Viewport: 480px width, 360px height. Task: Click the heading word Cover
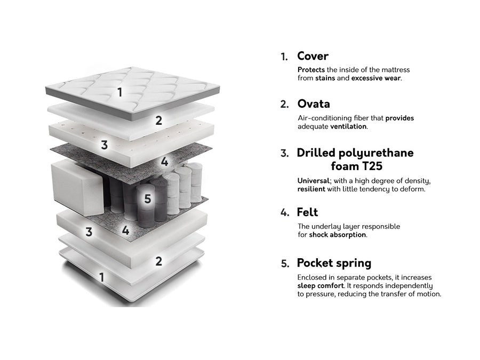pos(313,56)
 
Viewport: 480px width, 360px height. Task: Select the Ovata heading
pos(314,104)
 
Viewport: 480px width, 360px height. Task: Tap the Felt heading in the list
pos(307,212)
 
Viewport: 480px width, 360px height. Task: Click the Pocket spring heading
pos(334,263)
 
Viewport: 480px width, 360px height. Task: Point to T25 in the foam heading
pos(372,166)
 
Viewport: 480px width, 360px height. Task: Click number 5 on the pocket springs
pos(148,199)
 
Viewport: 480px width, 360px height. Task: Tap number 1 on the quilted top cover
pos(119,92)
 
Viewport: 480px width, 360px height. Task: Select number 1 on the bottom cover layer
pos(102,277)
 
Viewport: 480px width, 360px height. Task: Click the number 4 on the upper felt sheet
pos(164,161)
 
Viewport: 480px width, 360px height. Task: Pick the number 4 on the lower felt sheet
pos(125,230)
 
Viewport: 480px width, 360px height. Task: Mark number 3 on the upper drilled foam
pos(105,145)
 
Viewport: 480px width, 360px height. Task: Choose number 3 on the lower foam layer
pos(89,232)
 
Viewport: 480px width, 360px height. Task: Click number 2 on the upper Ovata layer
pos(158,121)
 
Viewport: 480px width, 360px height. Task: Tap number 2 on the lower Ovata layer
pos(158,261)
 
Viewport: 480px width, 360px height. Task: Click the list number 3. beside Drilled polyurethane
pos(285,153)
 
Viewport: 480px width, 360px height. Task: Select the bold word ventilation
pos(349,126)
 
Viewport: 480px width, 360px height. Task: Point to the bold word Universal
pos(314,181)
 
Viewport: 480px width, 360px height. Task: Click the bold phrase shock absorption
pos(338,235)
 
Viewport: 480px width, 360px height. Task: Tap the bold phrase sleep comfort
pos(321,286)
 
